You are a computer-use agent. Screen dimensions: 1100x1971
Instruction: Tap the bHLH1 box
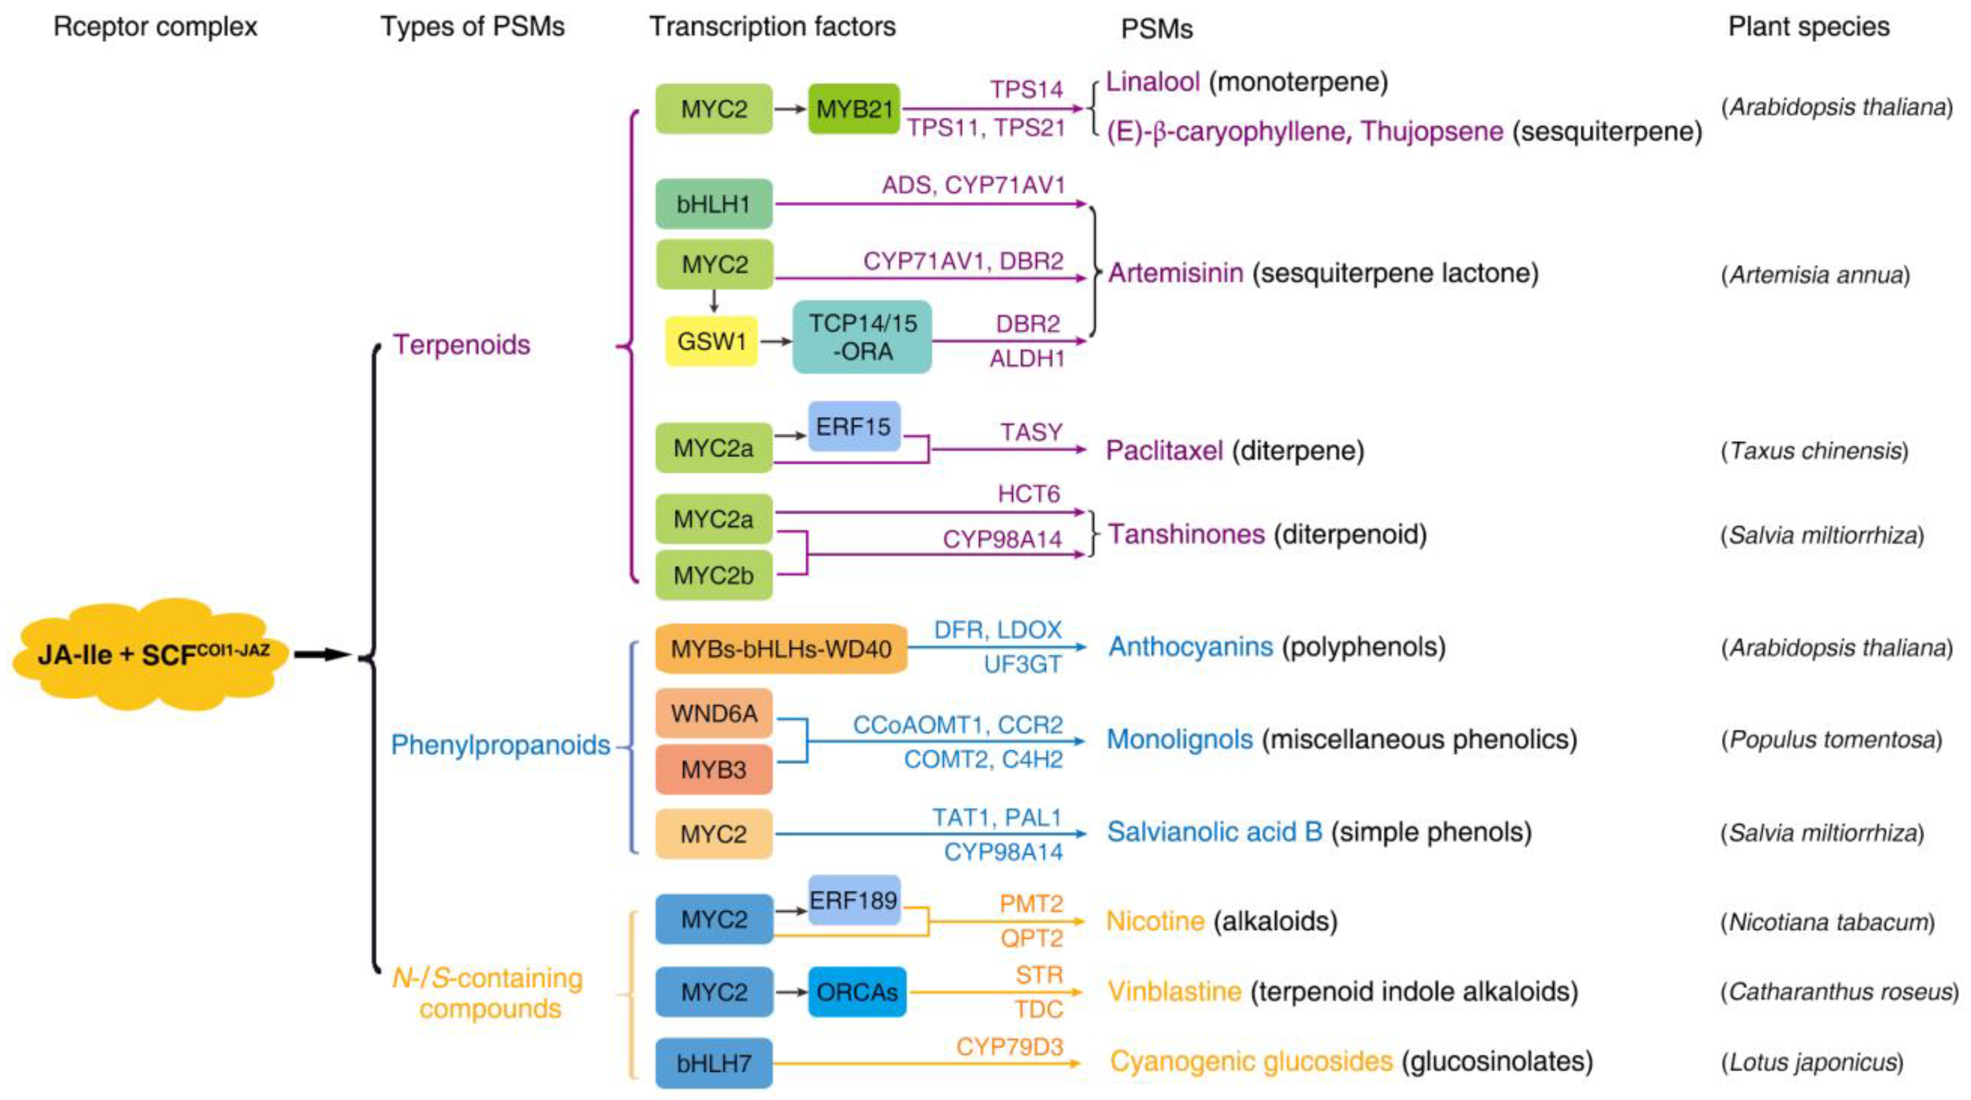click(x=713, y=204)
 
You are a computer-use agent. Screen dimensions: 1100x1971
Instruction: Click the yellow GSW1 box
click(x=711, y=340)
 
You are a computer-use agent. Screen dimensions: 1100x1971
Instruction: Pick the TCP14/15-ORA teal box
click(x=862, y=337)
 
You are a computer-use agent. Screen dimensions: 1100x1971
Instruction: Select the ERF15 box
click(x=853, y=427)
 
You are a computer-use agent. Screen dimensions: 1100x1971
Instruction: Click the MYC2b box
click(x=713, y=575)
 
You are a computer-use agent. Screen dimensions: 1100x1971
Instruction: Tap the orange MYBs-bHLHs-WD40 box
click(x=781, y=649)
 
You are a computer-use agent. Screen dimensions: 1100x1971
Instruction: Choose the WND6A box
click(x=713, y=713)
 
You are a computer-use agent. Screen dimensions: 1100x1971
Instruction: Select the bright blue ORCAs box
click(x=857, y=992)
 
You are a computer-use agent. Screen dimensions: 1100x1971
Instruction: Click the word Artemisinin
click(x=1175, y=273)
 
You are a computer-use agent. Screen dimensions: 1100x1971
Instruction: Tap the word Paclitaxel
click(x=1164, y=450)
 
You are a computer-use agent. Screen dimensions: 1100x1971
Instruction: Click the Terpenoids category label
click(x=461, y=344)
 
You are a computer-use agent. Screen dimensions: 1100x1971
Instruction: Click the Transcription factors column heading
click(x=772, y=27)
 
